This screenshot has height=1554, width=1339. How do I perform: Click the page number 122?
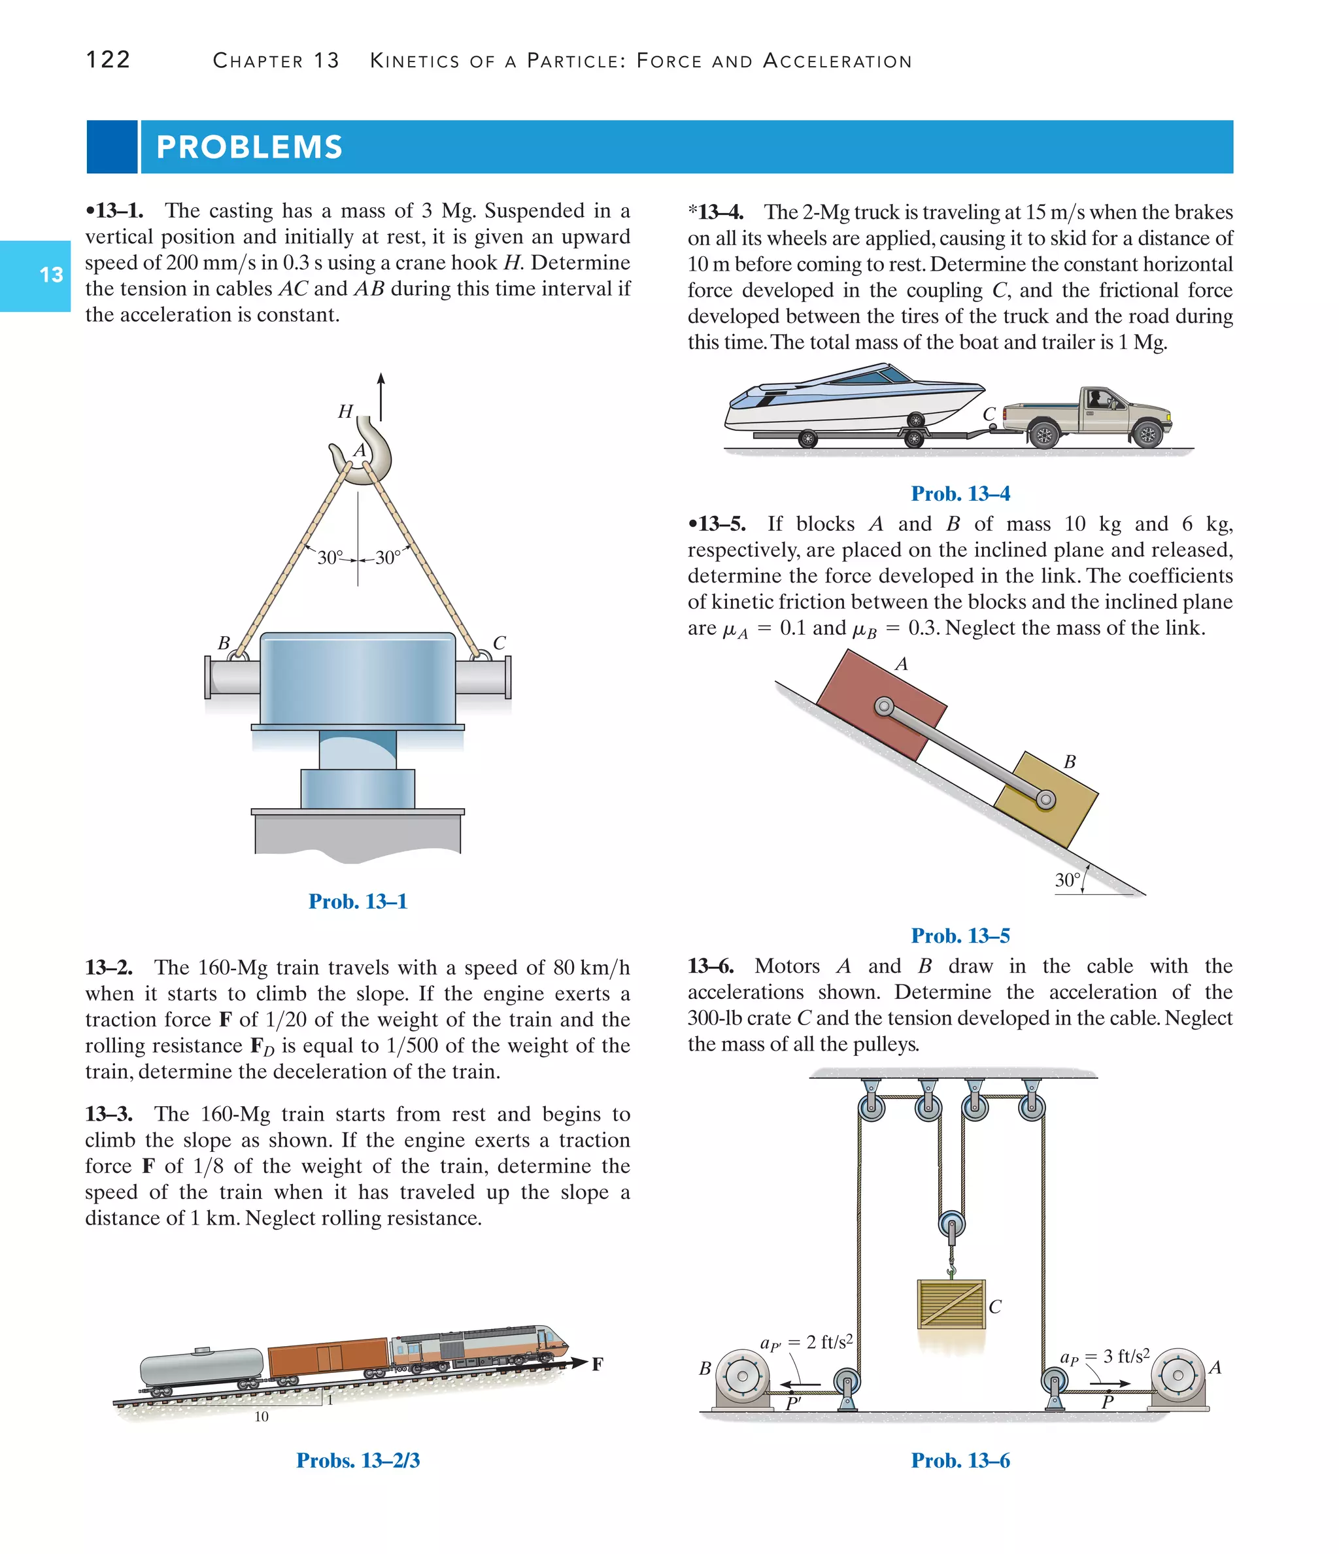[108, 59]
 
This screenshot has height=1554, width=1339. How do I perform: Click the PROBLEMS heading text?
[249, 147]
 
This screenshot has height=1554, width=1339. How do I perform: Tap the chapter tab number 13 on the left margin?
[51, 275]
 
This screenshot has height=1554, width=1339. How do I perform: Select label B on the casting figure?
[224, 643]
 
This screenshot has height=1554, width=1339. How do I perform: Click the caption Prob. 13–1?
[358, 901]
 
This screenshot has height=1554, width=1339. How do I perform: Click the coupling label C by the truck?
[989, 414]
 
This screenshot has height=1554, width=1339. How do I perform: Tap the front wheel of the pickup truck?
[1147, 433]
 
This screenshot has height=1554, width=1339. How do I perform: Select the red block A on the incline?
[881, 705]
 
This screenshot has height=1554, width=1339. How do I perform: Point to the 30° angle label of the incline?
[1067, 880]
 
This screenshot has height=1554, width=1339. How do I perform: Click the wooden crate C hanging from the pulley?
[951, 1304]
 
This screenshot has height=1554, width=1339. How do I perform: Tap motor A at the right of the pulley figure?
[1178, 1376]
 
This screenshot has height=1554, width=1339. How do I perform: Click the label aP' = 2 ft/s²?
[806, 1342]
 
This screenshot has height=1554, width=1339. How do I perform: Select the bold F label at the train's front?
[597, 1364]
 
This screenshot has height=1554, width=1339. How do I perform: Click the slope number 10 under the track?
[261, 1416]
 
